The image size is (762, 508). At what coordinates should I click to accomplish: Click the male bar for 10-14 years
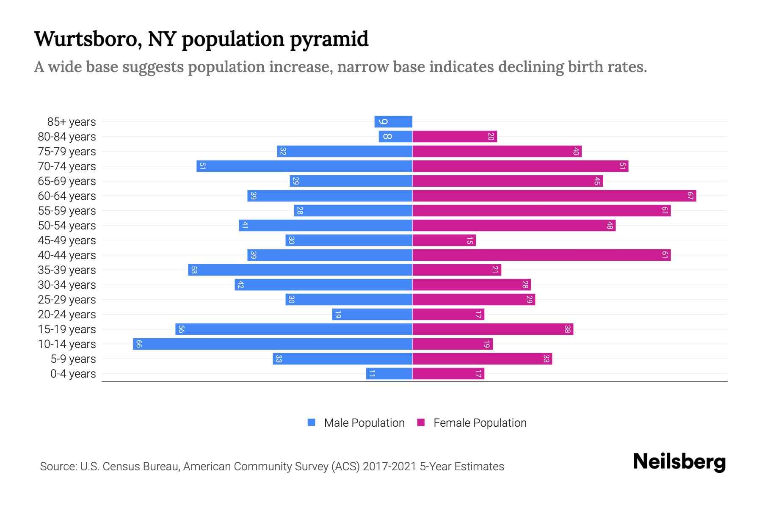pyautogui.click(x=273, y=344)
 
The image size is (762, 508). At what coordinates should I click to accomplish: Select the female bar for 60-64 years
pyautogui.click(x=554, y=196)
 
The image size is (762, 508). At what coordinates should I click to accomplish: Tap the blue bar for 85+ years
pyautogui.click(x=393, y=121)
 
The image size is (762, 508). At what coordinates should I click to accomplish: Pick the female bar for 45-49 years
pyautogui.click(x=444, y=240)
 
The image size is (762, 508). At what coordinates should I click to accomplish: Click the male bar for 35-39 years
pyautogui.click(x=300, y=270)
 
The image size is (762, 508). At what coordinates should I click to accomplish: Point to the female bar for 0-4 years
pyautogui.click(x=448, y=373)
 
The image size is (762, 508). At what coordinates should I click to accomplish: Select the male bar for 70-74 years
pyautogui.click(x=304, y=166)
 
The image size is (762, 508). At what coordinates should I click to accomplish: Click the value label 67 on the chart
pyautogui.click(x=690, y=196)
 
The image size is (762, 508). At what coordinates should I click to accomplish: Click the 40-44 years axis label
pyautogui.click(x=67, y=255)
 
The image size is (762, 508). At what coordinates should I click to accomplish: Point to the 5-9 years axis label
pyautogui.click(x=73, y=359)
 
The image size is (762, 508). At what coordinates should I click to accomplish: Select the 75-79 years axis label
pyautogui.click(x=67, y=152)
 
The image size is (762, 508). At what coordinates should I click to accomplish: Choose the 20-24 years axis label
pyautogui.click(x=67, y=315)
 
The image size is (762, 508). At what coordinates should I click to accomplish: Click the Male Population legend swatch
pyautogui.click(x=312, y=422)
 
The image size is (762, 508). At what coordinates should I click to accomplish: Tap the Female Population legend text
pyautogui.click(x=480, y=422)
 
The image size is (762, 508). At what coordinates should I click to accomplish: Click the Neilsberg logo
pyautogui.click(x=679, y=462)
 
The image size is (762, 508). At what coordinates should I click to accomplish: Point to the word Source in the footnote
pyautogui.click(x=58, y=467)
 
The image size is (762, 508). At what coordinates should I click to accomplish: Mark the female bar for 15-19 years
pyautogui.click(x=493, y=329)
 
